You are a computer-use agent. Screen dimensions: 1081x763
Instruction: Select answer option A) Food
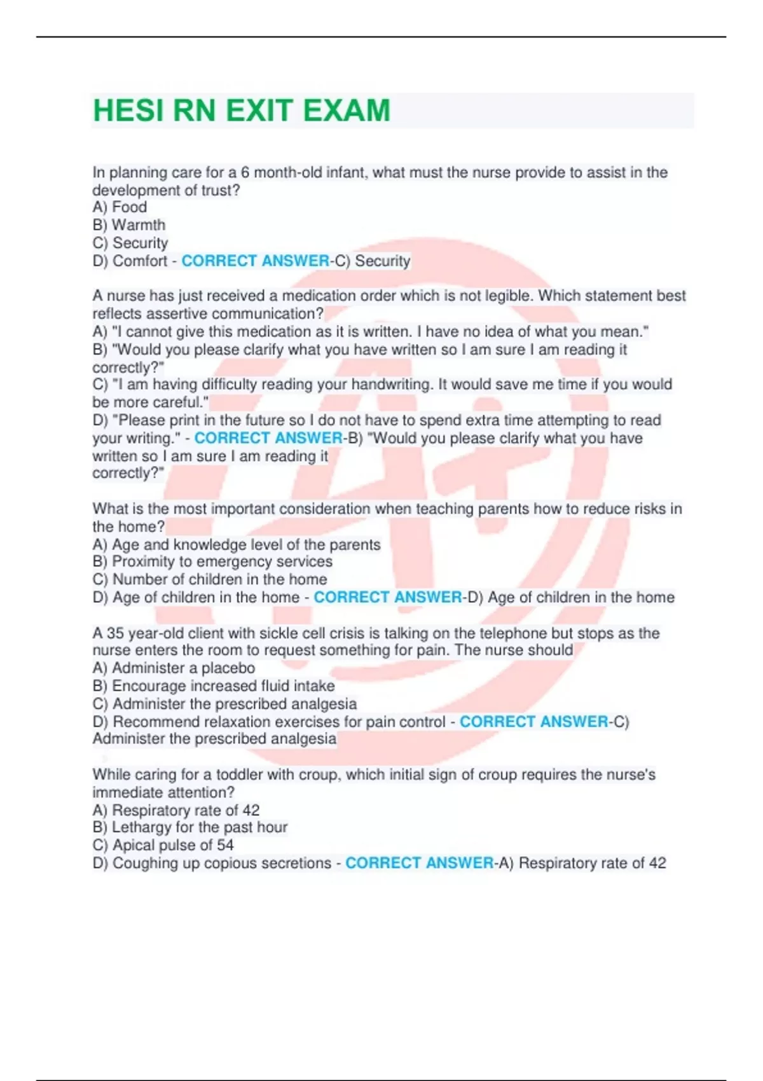point(120,207)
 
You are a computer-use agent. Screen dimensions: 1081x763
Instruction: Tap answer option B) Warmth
point(129,225)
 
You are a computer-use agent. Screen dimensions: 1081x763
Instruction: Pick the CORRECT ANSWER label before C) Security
point(256,261)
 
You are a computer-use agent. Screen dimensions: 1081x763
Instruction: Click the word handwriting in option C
point(389,384)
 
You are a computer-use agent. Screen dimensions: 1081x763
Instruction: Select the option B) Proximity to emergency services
point(212,561)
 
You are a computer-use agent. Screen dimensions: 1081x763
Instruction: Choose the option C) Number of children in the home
point(210,579)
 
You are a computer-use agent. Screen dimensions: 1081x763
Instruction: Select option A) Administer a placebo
point(174,668)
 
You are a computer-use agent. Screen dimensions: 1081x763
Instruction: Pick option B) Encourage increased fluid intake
point(214,686)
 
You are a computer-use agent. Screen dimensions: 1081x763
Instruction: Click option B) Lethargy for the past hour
point(190,827)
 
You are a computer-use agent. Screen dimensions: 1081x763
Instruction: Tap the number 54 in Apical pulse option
point(225,845)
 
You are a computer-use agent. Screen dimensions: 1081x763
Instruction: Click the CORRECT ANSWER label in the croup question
point(419,863)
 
